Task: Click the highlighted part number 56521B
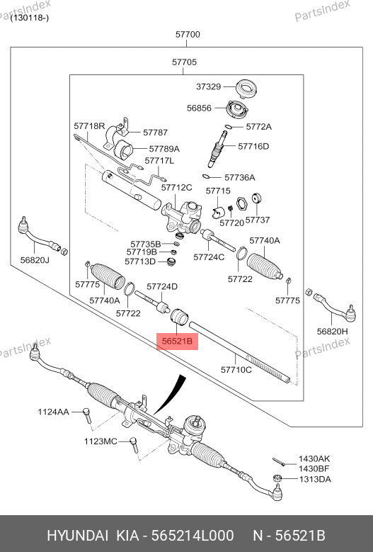coord(177,341)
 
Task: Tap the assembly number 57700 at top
coord(188,35)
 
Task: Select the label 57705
coord(184,62)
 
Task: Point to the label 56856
coord(199,108)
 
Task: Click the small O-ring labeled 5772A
coord(228,126)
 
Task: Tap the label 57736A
coord(239,177)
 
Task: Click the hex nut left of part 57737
coord(241,203)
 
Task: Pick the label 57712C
coord(176,188)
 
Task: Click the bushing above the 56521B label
coord(180,316)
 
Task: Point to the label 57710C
coord(236,370)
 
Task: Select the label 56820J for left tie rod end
coord(35,260)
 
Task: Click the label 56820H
coord(332,331)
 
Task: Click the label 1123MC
coord(101,441)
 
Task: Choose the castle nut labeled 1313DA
coord(277,478)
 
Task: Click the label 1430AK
coord(314,458)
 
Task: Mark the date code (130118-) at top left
coord(30,18)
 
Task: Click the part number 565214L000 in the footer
coord(193,536)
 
